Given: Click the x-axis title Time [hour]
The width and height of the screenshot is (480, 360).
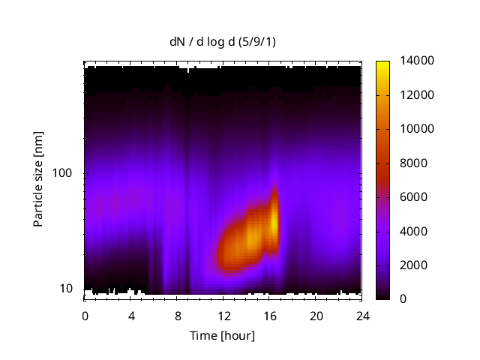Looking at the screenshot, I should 222,335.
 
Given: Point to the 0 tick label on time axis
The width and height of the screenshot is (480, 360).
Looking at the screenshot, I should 85,315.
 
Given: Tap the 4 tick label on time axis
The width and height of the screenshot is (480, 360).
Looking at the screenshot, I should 131,315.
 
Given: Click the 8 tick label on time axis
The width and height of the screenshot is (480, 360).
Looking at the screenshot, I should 177,315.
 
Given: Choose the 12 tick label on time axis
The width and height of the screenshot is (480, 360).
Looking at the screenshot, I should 223,315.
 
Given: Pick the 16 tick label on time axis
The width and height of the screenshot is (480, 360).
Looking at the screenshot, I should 269,315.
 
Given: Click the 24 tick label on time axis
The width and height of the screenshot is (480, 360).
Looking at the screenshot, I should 361,315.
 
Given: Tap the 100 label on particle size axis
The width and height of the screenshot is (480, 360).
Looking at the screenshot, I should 62,173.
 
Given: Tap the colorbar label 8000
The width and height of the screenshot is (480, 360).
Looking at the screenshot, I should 410,163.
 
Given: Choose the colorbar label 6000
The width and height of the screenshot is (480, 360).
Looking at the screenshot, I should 410,197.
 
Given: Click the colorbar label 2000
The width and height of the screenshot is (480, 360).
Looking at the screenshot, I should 410,265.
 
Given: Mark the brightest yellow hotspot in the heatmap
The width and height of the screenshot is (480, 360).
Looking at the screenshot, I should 274,222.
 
